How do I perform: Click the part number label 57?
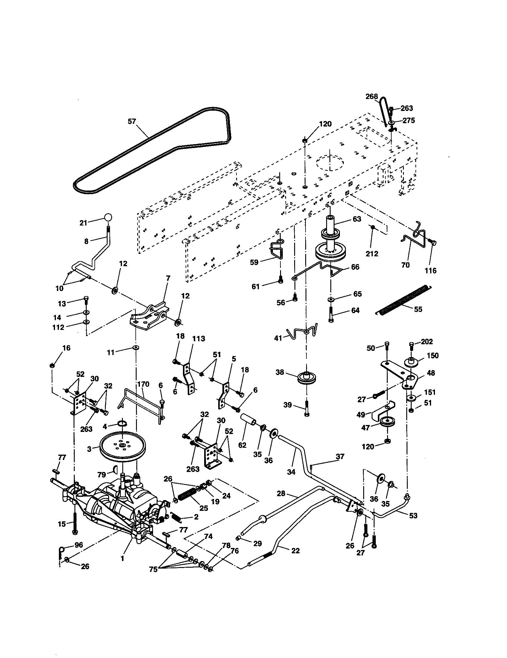coord(132,121)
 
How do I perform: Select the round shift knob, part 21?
coord(109,217)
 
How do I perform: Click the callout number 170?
coord(143,384)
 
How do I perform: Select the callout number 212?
coord(372,254)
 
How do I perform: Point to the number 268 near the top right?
coord(372,96)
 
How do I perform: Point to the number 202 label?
coord(427,342)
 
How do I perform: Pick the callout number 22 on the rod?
coord(295,550)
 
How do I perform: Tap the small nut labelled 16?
coord(52,365)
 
